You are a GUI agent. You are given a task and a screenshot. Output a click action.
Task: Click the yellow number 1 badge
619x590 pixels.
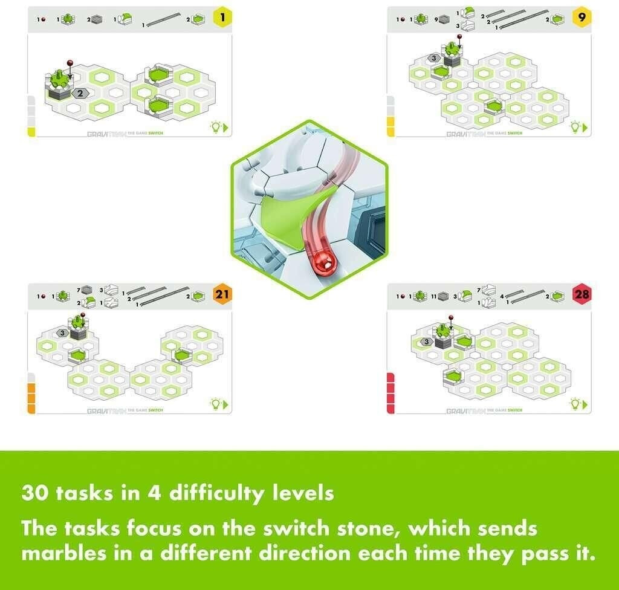coord(222,18)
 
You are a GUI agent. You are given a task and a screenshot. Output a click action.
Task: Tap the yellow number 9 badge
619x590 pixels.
coord(582,18)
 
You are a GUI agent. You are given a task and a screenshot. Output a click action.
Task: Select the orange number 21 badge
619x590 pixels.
coord(222,295)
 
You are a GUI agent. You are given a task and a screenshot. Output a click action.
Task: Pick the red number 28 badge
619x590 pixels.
coord(582,294)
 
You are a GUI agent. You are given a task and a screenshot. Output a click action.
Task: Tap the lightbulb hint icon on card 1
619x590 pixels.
coord(215,127)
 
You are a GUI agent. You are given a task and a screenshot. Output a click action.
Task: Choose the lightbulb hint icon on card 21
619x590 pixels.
coord(215,403)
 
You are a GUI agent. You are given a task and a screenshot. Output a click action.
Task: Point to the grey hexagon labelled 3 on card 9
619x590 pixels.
coord(433,58)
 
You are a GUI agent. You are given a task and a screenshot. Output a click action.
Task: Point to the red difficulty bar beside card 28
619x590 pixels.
coord(390,393)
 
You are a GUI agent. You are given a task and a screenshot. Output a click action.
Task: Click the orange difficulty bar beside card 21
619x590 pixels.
coord(31,393)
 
